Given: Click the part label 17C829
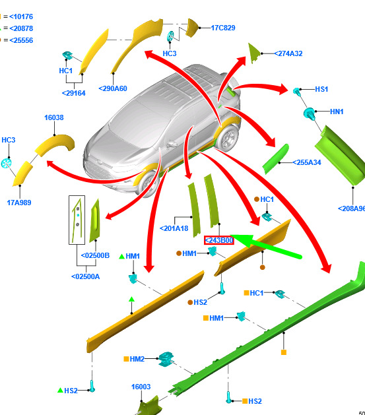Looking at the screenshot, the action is [223, 28].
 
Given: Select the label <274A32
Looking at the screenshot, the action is [288, 53].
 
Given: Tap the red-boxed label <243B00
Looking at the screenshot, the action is [219, 240].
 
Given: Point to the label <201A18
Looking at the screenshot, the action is [174, 228].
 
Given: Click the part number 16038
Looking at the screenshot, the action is [54, 117].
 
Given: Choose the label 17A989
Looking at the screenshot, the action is [19, 203].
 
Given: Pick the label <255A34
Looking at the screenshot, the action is [307, 162].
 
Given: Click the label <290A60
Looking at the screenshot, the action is [113, 88].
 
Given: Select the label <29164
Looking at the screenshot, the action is [73, 93].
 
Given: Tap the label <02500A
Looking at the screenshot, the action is [86, 276].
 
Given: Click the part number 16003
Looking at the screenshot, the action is [141, 387].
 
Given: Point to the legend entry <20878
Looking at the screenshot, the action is [21, 28].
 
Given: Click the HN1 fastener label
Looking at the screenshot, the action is [337, 112].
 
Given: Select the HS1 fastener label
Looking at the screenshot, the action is [321, 89].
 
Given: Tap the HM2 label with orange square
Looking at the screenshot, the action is [135, 359].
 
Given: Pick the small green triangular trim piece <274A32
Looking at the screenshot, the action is [253, 53].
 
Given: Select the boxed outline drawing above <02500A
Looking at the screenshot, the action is [77, 220].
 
